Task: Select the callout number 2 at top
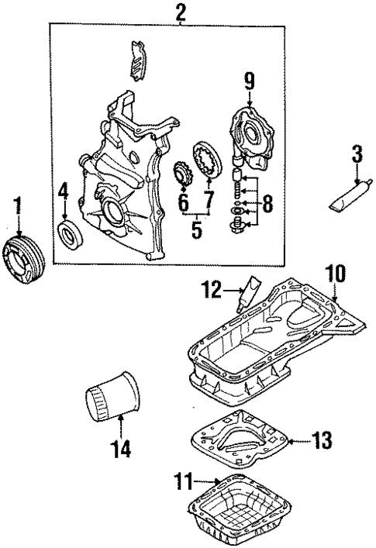click(x=181, y=11)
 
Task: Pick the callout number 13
click(x=324, y=441)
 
